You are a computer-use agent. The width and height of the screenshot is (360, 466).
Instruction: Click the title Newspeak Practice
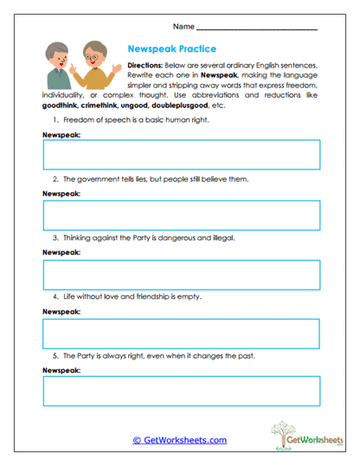tap(171, 49)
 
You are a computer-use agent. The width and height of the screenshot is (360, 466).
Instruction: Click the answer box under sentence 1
tap(181, 156)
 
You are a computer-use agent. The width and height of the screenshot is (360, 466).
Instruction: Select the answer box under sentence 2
tap(181, 215)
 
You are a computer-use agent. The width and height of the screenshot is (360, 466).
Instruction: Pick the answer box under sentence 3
tap(181, 274)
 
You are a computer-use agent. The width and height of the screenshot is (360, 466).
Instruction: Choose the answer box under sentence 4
tap(181, 333)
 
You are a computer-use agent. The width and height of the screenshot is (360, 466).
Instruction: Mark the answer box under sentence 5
tap(181, 391)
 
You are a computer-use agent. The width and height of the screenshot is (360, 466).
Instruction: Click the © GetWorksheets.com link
tap(179, 440)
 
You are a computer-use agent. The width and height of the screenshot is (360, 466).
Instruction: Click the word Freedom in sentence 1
tap(80, 120)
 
